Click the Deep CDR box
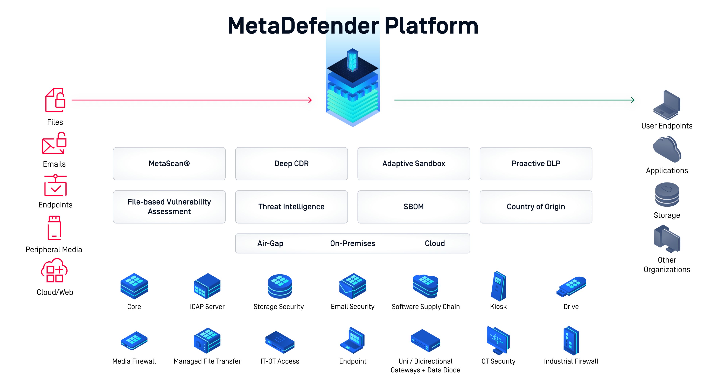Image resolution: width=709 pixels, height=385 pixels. (291, 164)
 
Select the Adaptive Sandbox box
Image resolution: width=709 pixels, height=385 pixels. (413, 164)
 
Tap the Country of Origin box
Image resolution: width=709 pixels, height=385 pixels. (536, 207)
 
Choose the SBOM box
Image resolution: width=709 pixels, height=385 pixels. (413, 207)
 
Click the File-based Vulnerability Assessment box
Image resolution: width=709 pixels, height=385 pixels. (169, 207)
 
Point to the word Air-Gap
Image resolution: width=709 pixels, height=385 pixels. (270, 243)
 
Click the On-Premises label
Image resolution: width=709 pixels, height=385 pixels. (352, 243)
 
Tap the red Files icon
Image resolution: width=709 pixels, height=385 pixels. (55, 100)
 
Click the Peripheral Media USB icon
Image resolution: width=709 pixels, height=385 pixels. (54, 228)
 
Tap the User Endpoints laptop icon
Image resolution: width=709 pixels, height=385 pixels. (667, 105)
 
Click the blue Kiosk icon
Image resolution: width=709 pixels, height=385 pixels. (498, 286)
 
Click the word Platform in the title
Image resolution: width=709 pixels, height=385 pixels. (431, 26)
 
